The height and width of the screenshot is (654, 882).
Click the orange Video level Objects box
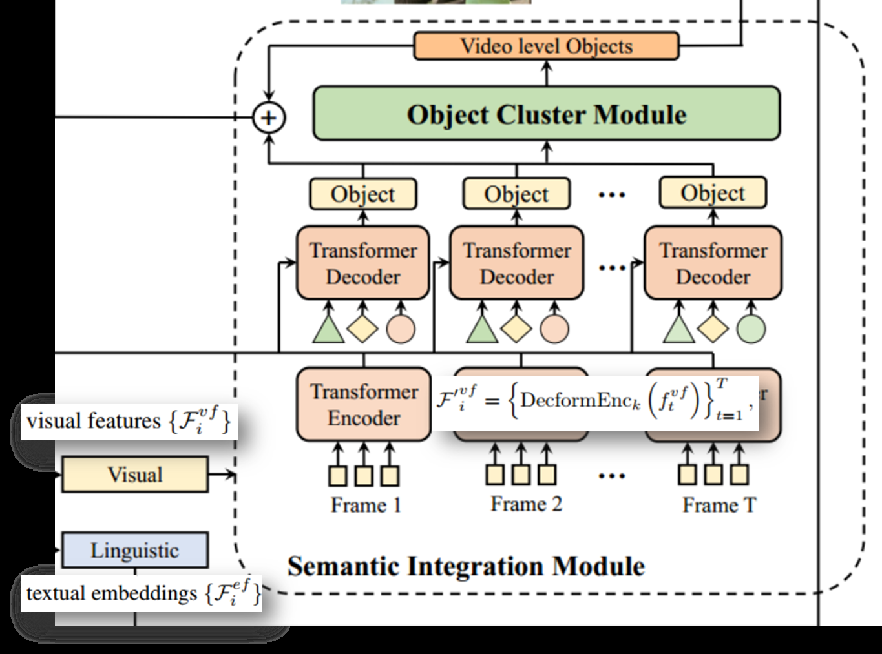(x=546, y=46)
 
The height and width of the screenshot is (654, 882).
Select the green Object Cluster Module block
(x=546, y=114)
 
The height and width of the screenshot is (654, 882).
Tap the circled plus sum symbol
(x=268, y=118)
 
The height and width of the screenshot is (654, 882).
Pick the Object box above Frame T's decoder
(x=713, y=193)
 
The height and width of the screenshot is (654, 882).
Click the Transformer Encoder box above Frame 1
(x=364, y=405)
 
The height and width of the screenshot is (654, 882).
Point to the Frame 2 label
(x=526, y=504)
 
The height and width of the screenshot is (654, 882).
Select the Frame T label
(x=719, y=505)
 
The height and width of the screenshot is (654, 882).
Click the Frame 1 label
(x=366, y=505)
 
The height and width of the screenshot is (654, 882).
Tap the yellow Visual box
(x=134, y=475)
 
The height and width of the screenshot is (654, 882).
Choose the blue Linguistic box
(x=134, y=550)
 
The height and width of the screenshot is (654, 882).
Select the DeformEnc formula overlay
(x=594, y=402)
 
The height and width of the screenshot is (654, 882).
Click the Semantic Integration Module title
(x=465, y=566)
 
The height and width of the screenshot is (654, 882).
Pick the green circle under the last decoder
(x=751, y=329)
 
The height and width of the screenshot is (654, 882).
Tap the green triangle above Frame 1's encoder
(x=328, y=329)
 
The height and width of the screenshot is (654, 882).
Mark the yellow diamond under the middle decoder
(x=516, y=329)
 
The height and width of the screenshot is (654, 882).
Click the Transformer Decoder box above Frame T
(x=713, y=263)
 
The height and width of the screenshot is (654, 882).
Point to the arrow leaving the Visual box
(x=222, y=475)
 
